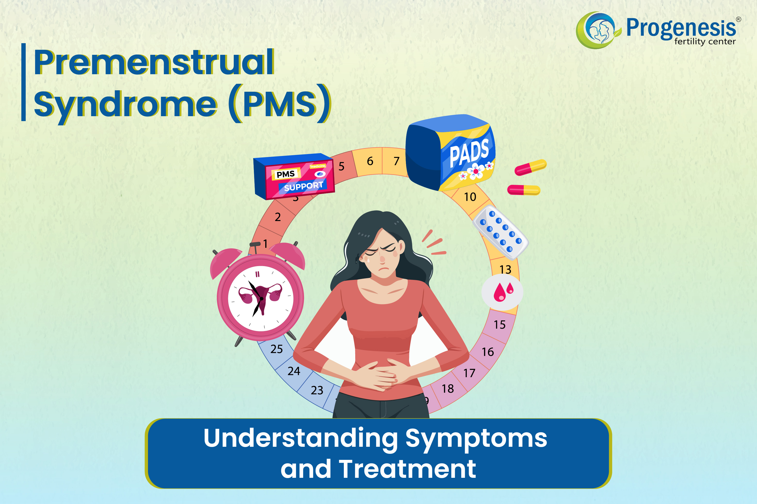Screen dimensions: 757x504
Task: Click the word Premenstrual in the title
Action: tap(154, 62)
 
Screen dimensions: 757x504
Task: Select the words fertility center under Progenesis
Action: tap(705, 41)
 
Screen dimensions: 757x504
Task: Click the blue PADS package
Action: tap(451, 152)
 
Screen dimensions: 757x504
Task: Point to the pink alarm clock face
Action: tap(261, 298)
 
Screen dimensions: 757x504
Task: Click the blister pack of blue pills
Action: tap(500, 232)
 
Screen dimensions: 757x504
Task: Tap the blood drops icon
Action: tap(502, 292)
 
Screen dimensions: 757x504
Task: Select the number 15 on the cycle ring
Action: tap(500, 325)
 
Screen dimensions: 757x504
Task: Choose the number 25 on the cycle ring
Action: tap(276, 349)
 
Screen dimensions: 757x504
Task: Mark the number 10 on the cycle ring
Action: tap(470, 197)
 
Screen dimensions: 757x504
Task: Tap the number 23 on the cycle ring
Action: tap(317, 390)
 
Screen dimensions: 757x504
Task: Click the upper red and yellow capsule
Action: tap(531, 167)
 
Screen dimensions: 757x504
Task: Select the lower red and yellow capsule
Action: tap(524, 190)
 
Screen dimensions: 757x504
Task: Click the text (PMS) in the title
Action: tap(280, 104)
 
